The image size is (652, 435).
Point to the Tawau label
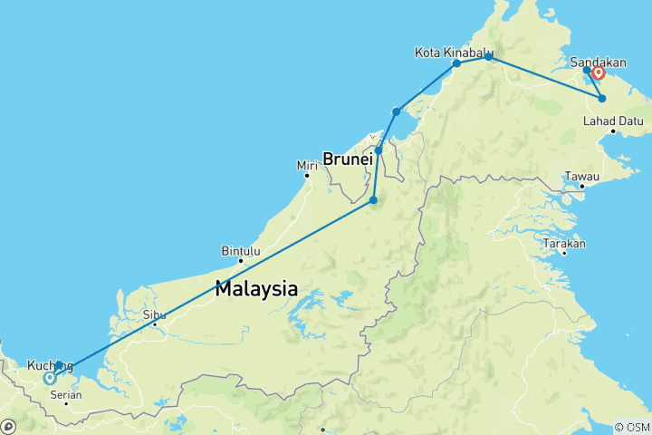coord(581,175)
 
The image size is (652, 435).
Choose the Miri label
coord(308,165)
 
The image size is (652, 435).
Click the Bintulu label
coord(241,251)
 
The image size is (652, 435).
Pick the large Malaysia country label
coord(256,290)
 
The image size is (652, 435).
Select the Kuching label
coord(43,365)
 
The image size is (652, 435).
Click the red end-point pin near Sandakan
coord(599,72)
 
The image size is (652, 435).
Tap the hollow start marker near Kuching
coord(49,379)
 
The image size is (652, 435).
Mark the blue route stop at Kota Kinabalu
coord(456,63)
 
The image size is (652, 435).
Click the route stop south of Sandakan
coord(602,98)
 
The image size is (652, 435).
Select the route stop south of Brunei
coord(374,199)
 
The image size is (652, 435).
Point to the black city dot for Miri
coord(307,175)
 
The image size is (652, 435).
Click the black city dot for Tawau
coord(581,186)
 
